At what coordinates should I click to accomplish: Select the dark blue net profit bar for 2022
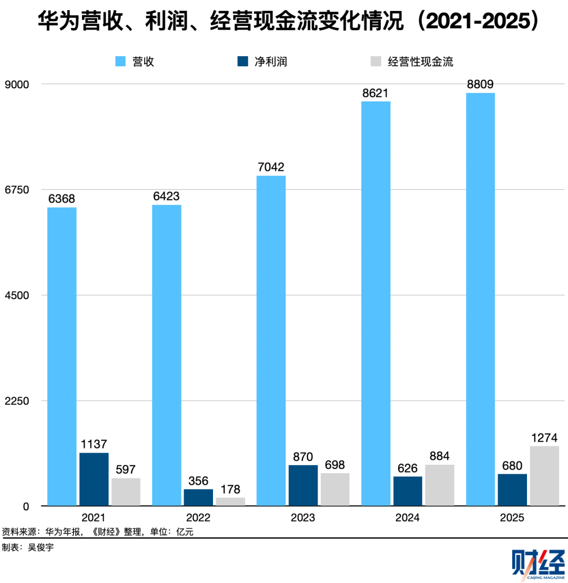198,497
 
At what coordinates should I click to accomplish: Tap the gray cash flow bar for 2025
544,476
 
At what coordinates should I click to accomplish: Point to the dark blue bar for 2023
303,485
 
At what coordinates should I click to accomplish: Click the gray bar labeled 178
230,502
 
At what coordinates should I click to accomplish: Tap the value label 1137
94,444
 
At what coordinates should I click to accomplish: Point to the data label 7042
271,167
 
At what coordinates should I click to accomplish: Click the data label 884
439,456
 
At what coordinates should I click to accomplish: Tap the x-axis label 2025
512,518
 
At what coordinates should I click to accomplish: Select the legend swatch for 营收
121,62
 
